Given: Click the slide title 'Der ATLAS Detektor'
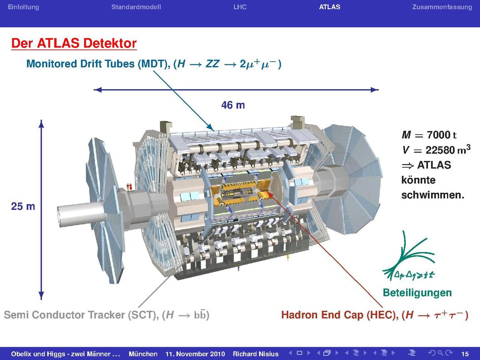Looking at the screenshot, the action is click(74, 43).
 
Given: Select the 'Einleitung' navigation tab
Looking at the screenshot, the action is click(23, 7).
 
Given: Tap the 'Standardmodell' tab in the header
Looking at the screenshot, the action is click(136, 7).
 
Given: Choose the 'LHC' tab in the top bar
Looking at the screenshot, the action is click(240, 7).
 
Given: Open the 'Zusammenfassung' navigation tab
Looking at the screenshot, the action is click(442, 7).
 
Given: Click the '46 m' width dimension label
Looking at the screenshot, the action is click(233, 105).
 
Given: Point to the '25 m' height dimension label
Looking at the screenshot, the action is click(23, 206).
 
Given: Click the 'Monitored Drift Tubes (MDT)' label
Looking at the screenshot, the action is click(98, 63).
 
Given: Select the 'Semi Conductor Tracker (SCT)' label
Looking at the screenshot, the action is click(81, 315).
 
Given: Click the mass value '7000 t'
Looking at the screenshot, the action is click(441, 135).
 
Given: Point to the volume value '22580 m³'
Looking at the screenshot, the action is click(448, 150).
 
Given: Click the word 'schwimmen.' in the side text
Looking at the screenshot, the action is click(432, 195).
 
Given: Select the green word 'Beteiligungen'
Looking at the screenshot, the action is click(417, 293).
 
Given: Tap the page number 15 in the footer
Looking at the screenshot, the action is click(465, 354).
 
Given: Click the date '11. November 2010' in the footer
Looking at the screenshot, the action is click(195, 354).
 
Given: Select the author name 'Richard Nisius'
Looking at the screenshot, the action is click(255, 354).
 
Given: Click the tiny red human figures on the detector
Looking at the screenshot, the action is click(129, 186).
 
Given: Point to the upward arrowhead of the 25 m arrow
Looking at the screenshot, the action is click(41, 123).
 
